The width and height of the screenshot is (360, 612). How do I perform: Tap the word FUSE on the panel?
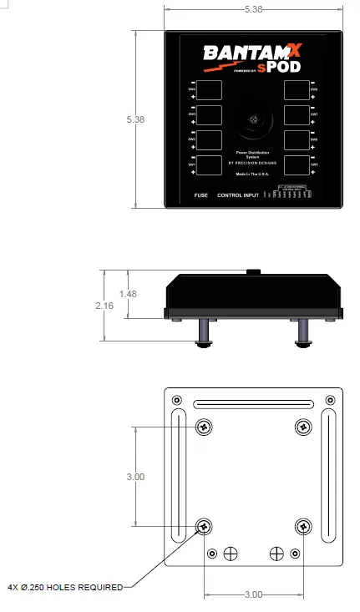pyautogui.click(x=200, y=195)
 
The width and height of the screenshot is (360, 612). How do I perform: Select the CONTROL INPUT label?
pyautogui.click(x=238, y=195)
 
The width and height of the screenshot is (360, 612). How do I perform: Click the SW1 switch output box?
pyautogui.click(x=210, y=164)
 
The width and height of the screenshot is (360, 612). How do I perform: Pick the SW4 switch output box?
pyautogui.click(x=210, y=89)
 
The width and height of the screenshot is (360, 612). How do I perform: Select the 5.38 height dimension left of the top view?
pyautogui.click(x=135, y=119)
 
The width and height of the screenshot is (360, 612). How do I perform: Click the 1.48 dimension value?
pyautogui.click(x=128, y=294)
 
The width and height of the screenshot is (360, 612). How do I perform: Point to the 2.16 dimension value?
pyautogui.click(x=104, y=306)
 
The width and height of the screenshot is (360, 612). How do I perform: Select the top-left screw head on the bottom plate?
pyautogui.click(x=204, y=427)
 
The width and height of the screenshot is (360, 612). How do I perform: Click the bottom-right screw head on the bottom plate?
pyautogui.click(x=304, y=527)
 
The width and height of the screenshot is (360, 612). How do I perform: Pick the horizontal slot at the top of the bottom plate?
pyautogui.click(x=254, y=406)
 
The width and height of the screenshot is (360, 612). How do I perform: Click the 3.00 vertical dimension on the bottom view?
pyautogui.click(x=135, y=477)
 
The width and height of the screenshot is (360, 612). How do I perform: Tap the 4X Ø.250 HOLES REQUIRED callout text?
pyautogui.click(x=64, y=587)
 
